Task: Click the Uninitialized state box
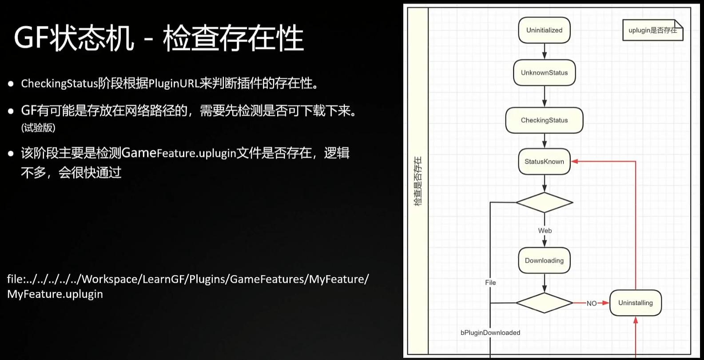pyautogui.click(x=544, y=30)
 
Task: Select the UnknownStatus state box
pyautogui.click(x=544, y=72)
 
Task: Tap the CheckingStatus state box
pyautogui.click(x=544, y=120)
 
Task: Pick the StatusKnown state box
pyautogui.click(x=544, y=161)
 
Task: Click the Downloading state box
pyautogui.click(x=544, y=260)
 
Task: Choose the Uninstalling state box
pyautogui.click(x=635, y=303)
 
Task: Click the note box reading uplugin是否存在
pyautogui.click(x=652, y=30)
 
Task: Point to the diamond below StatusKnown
pyautogui.click(x=544, y=203)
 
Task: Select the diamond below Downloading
pyautogui.click(x=544, y=303)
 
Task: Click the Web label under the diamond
pyautogui.click(x=545, y=231)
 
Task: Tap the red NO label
pyautogui.click(x=591, y=303)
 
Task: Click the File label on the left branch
pyautogui.click(x=490, y=282)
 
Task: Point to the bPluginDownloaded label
pyautogui.click(x=490, y=332)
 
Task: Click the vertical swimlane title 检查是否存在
pyautogui.click(x=418, y=181)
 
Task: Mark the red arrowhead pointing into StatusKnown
pyautogui.click(x=574, y=161)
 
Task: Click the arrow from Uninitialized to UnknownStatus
pyautogui.click(x=544, y=52)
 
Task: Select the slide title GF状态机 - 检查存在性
pyautogui.click(x=159, y=38)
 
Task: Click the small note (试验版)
pyautogui.click(x=38, y=128)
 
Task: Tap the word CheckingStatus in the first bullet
pyautogui.click(x=59, y=84)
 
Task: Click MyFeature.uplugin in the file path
pyautogui.click(x=55, y=294)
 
